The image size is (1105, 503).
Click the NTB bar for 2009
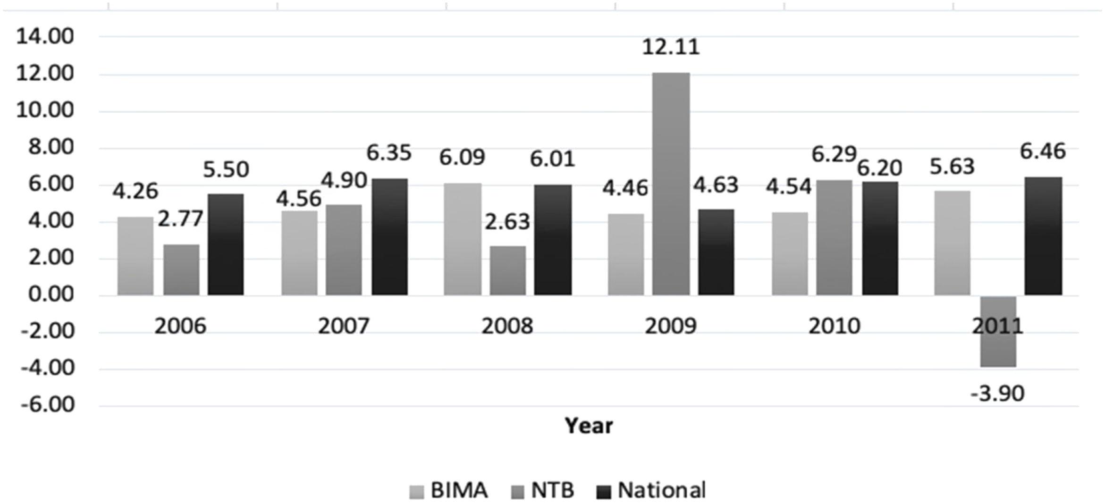(671, 184)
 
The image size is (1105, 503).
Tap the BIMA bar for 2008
(463, 239)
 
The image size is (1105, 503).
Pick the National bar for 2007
(389, 237)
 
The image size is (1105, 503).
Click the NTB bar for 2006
(182, 270)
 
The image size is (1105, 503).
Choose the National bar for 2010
(880, 238)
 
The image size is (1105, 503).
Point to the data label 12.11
(671, 47)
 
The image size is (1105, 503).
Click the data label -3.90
(997, 393)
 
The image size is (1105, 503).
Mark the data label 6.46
(1042, 151)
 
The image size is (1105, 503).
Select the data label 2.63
(507, 221)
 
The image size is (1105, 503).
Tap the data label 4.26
(135, 191)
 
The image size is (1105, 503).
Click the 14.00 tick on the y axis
(45, 36)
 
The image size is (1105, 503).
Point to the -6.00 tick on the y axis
(47, 405)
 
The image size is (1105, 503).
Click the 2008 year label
(507, 326)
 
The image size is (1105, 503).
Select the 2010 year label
(834, 326)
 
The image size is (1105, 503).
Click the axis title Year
(589, 426)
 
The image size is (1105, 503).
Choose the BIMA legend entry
(449, 490)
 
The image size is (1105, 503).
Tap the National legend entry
(651, 490)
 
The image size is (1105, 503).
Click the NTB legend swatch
(518, 492)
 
